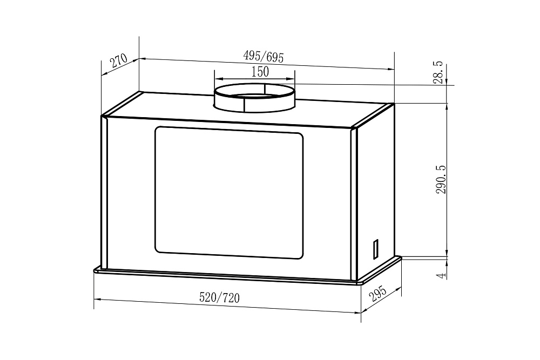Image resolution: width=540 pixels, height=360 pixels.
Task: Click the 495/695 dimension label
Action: [263, 57]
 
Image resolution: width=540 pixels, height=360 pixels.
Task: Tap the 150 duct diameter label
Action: [260, 72]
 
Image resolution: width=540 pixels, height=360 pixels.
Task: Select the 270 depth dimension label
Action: [119, 61]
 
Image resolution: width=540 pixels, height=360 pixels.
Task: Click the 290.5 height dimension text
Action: [441, 179]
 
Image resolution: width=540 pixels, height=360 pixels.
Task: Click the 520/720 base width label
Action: [219, 297]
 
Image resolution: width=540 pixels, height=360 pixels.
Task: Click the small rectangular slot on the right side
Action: [376, 248]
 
